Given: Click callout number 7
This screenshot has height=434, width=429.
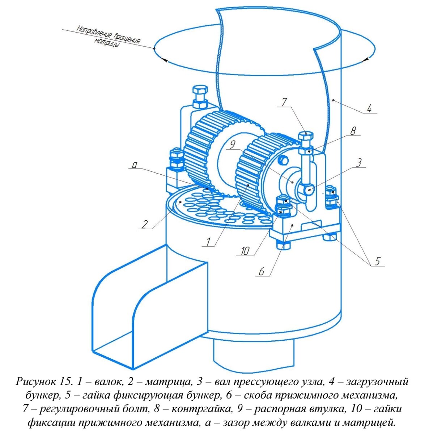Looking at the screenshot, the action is [284, 102].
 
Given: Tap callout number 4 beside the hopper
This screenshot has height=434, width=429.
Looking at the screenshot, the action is [369, 109].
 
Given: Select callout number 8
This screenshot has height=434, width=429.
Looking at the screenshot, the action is [353, 131].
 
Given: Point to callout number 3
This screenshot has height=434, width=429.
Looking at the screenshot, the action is [359, 162].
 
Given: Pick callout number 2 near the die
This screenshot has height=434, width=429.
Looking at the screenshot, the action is [144, 224].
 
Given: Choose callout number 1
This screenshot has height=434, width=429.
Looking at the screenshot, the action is [208, 242].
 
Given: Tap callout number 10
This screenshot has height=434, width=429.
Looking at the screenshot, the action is [245, 251].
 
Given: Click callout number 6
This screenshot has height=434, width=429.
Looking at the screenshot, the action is [261, 272].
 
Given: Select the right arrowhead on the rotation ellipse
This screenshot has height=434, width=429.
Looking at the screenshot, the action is [365, 60].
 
